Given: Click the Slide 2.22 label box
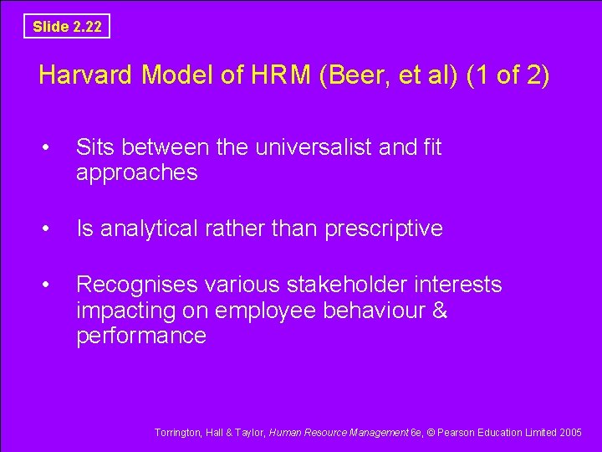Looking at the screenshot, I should (67, 26).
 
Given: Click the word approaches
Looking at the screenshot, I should (136, 173).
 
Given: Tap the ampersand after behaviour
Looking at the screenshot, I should (440, 311).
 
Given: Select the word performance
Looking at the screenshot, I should (140, 336).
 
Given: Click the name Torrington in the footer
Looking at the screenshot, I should (177, 432).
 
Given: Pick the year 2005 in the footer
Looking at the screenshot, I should (571, 432).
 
